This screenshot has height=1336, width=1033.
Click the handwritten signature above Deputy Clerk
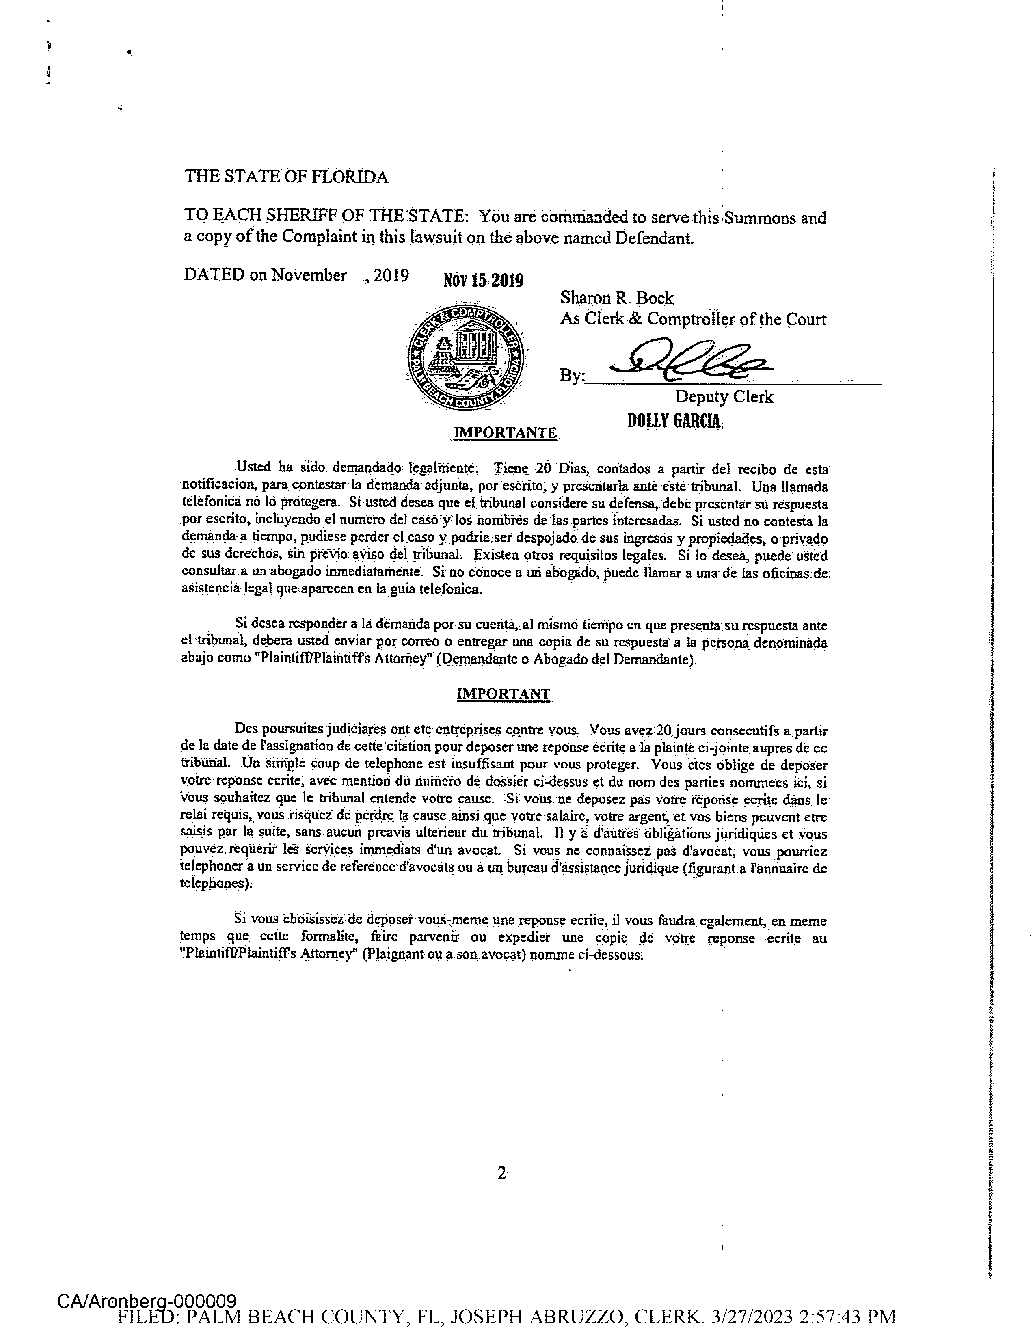click(x=691, y=360)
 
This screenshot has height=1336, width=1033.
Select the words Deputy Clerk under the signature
click(x=724, y=397)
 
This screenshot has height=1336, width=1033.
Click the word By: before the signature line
click(x=572, y=376)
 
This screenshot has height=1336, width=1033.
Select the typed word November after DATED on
click(x=309, y=275)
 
